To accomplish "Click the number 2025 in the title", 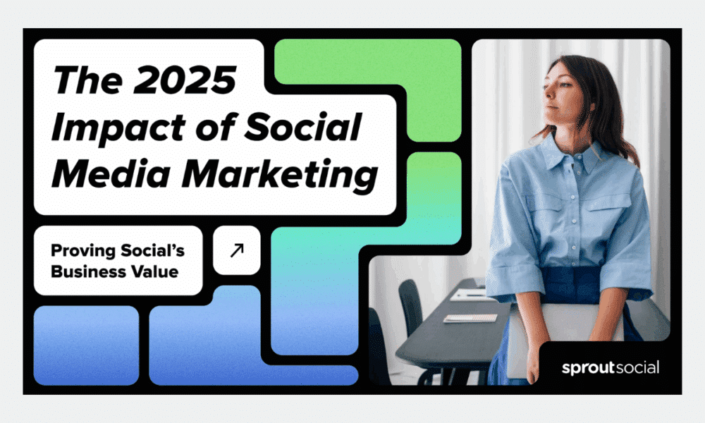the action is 185,80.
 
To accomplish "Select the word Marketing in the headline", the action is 280,176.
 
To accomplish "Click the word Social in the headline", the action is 302,127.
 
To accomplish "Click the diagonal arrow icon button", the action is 237,250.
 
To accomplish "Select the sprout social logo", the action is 611,368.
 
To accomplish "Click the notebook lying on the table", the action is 470,318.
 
